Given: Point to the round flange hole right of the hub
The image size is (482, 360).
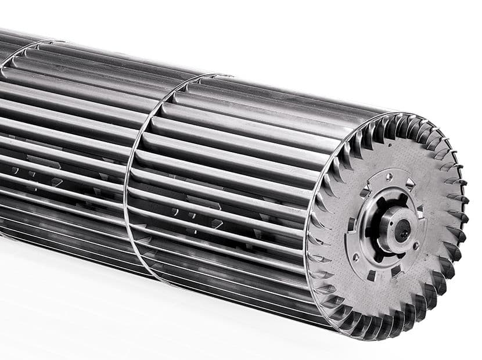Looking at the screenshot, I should tap(416, 246).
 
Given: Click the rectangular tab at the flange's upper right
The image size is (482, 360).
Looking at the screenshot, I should tap(409, 183).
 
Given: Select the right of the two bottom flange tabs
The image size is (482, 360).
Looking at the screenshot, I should tap(396, 271).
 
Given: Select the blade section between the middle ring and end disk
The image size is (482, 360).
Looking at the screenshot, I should tap(232, 174).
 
